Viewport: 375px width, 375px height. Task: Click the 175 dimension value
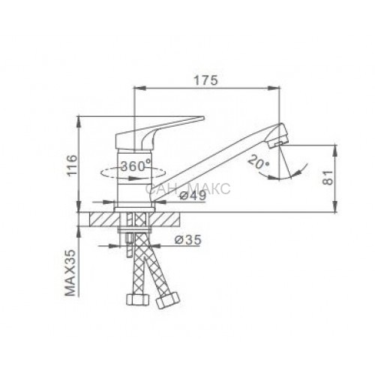coord(206,80)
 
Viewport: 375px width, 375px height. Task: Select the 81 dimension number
coord(328,178)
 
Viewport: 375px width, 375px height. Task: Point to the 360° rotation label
coord(136,166)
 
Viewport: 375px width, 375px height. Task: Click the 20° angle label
coord(259,162)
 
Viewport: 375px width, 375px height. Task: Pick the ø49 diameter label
coord(193,195)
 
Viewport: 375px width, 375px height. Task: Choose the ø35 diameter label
coord(187,240)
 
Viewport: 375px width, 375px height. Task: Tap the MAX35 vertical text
coord(70,273)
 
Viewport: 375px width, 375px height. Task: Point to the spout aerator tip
coord(277,136)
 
